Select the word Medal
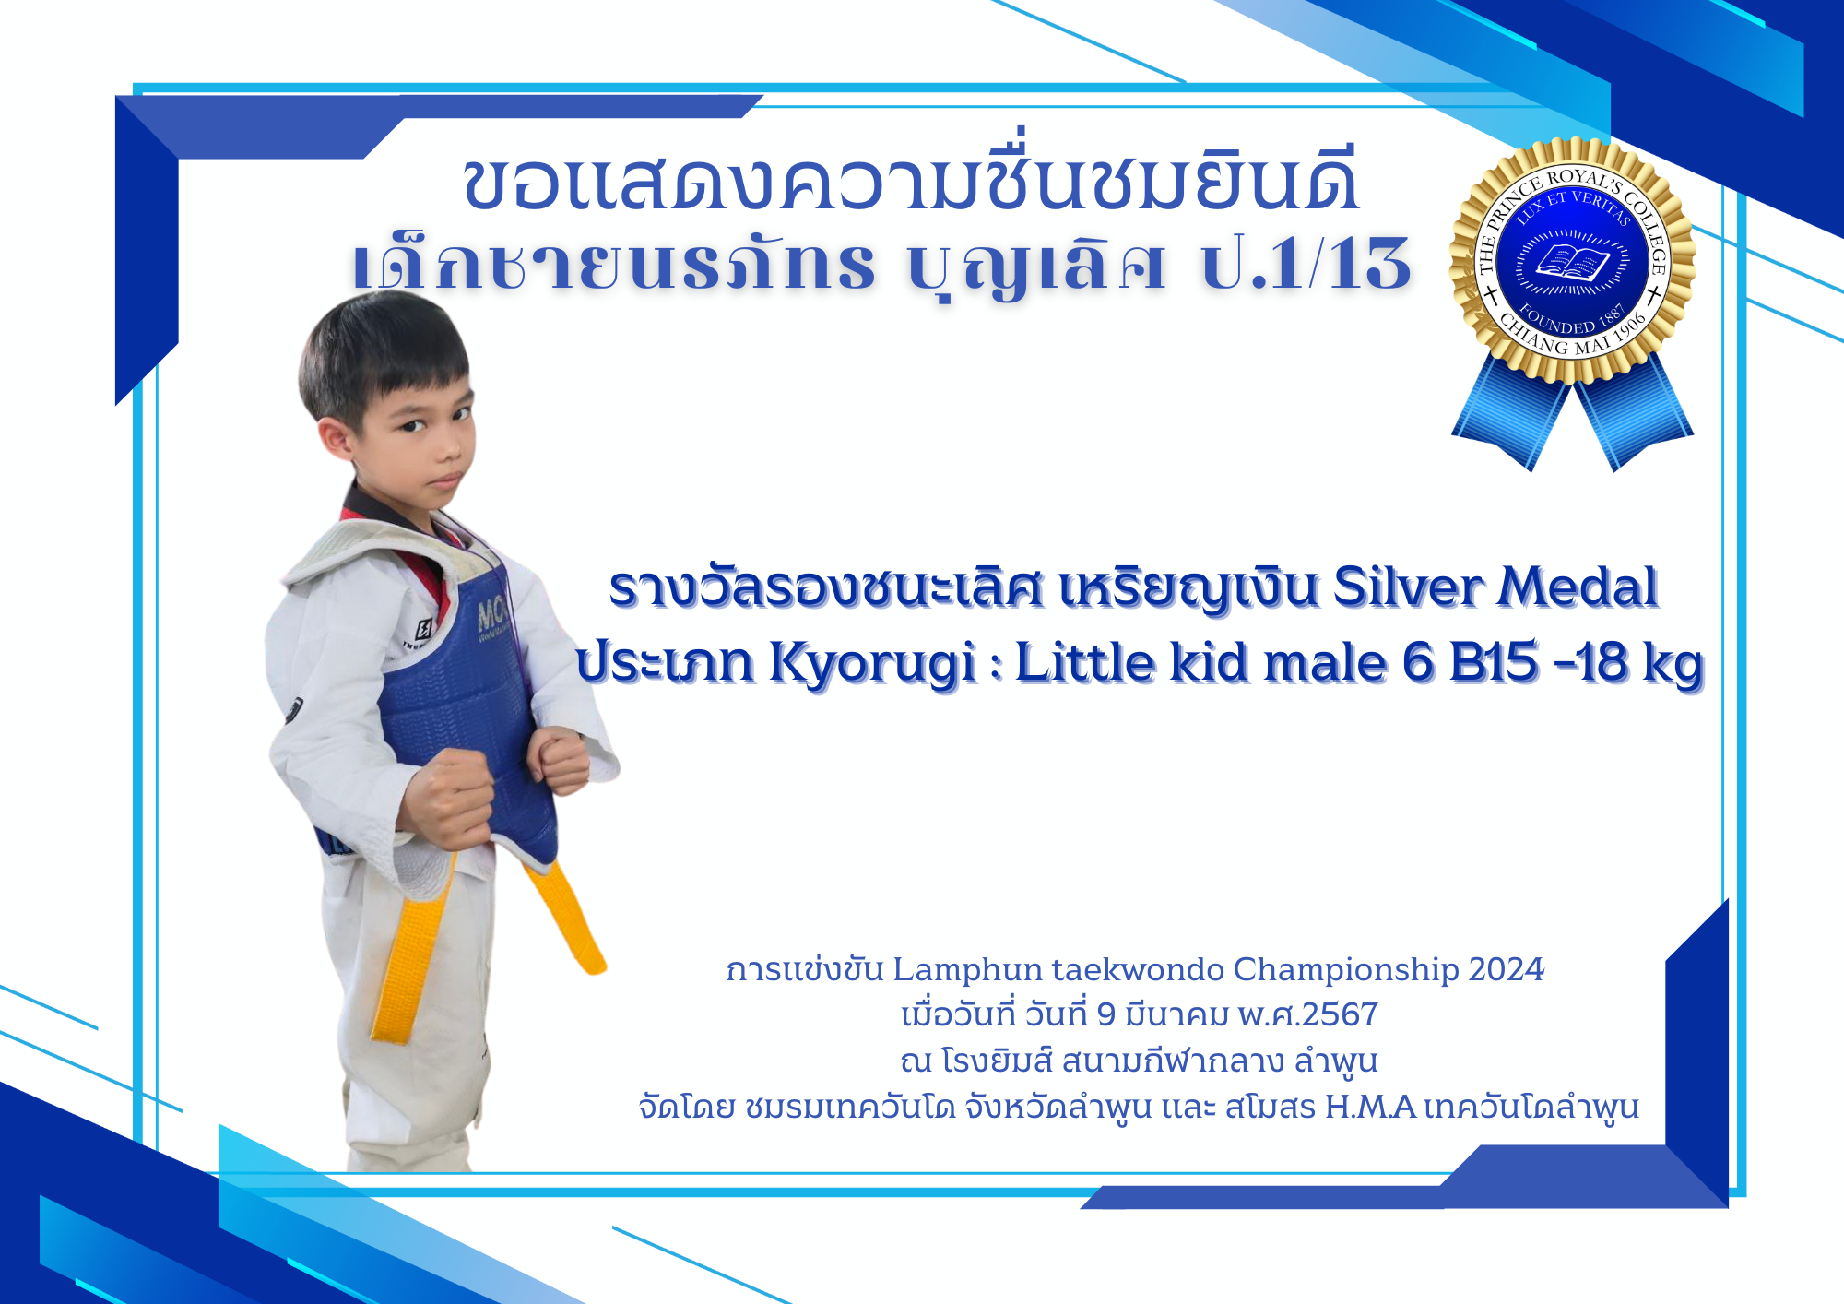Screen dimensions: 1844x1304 pyautogui.click(x=1578, y=587)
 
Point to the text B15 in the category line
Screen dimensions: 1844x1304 pyautogui.click(x=1494, y=663)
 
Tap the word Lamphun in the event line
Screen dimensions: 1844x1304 pyautogui.click(x=967, y=970)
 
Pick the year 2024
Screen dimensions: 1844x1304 pyautogui.click(x=1506, y=969)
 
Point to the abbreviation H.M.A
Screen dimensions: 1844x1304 pyautogui.click(x=1370, y=1107)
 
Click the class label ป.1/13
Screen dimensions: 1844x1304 pyautogui.click(x=1306, y=264)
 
